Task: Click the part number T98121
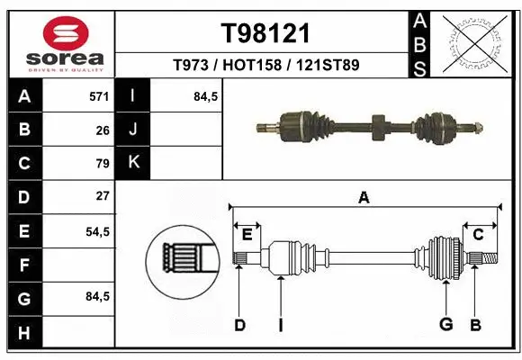[x=265, y=33]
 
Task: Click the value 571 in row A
[x=99, y=95]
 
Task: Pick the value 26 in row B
[x=103, y=130]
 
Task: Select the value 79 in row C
[x=103, y=163]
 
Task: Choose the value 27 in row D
[x=103, y=195]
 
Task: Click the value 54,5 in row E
[x=97, y=231]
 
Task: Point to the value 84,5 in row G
[x=97, y=297]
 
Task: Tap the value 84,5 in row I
[x=206, y=95]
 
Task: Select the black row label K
[x=133, y=162]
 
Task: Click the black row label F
[x=23, y=265]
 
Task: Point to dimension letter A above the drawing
[x=364, y=198]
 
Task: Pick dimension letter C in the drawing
[x=478, y=235]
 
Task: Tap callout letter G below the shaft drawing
[x=445, y=325]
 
